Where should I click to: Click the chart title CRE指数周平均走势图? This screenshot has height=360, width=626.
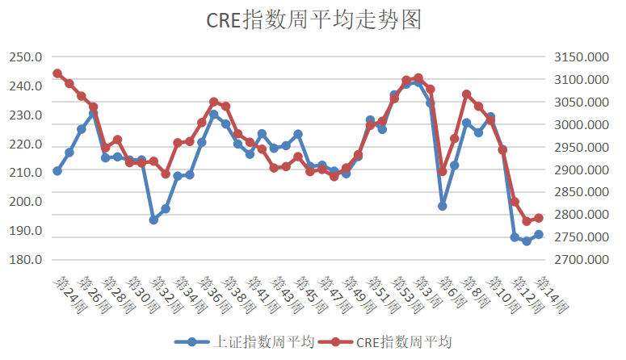coord(313,20)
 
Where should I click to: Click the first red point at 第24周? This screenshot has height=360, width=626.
coord(57,73)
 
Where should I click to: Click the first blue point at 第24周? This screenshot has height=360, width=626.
coord(57,171)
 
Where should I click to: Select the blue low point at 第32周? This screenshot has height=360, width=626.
coord(153,220)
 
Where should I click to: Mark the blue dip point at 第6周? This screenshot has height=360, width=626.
coord(443,206)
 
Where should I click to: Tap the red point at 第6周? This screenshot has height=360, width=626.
coord(443,171)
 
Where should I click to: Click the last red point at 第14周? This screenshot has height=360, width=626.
coord(539,218)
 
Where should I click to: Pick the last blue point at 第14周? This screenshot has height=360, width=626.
coord(539,235)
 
